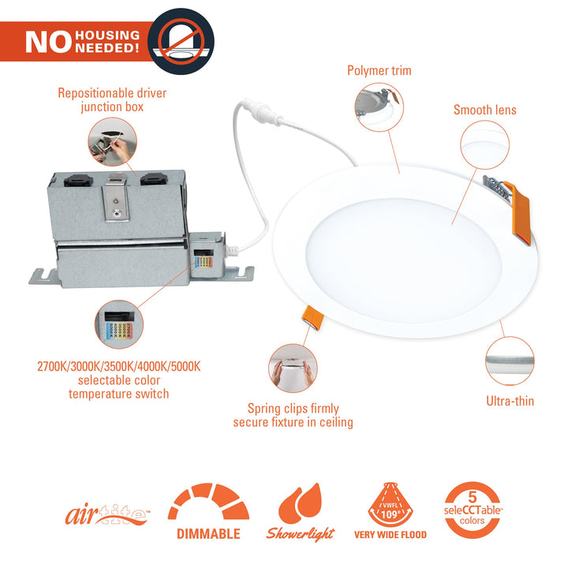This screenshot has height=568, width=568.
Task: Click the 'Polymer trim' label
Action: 379,71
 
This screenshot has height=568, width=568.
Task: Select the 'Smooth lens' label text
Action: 484,110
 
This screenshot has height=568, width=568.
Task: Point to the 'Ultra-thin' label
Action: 510,401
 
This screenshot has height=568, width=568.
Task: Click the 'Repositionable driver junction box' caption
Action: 112,99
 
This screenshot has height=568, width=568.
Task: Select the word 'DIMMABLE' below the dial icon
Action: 208,534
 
